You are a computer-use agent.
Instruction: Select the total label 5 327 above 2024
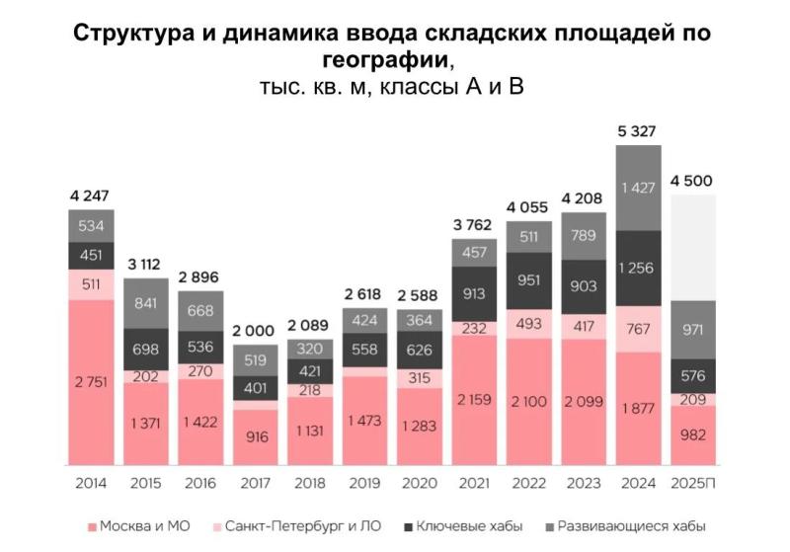point(637,131)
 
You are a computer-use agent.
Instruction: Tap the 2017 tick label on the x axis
point(256,484)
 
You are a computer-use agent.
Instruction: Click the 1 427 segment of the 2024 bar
point(638,189)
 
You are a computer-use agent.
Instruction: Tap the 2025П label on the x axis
point(692,484)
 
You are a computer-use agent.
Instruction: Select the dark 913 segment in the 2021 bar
point(474,293)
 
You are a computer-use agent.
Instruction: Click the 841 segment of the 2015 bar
point(146,303)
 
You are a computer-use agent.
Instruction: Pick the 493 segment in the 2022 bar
point(528,323)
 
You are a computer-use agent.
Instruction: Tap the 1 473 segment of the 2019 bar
point(364,421)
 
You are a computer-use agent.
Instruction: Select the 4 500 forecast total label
point(691,181)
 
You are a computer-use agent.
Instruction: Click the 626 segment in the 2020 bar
point(419,351)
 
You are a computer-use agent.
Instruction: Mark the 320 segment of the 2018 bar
point(310,348)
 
